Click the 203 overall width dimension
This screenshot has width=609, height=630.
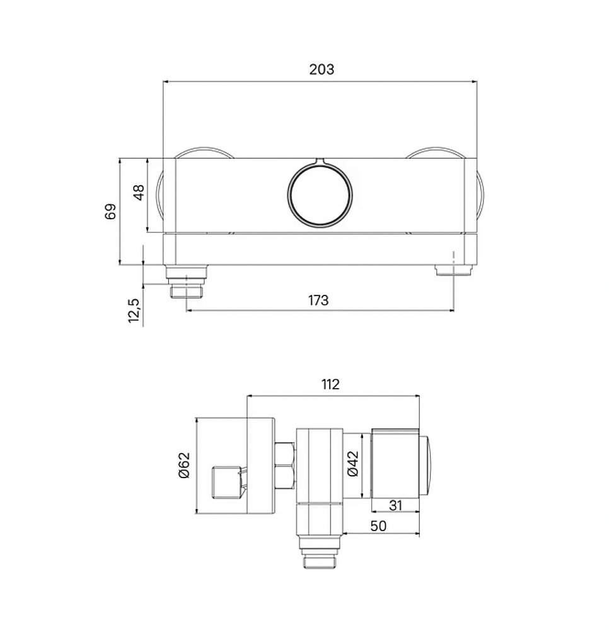click(322, 69)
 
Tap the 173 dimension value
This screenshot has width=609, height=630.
click(318, 300)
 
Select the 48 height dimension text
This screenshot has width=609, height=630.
click(139, 192)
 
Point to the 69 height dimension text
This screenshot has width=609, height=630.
click(110, 211)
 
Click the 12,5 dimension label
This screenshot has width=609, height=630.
click(134, 310)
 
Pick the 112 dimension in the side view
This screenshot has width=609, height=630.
click(330, 384)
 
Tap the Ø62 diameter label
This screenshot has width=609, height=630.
click(183, 466)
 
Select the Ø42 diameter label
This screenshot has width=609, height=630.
click(352, 464)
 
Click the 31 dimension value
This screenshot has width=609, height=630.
click(395, 505)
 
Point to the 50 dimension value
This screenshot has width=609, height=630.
click(378, 526)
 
